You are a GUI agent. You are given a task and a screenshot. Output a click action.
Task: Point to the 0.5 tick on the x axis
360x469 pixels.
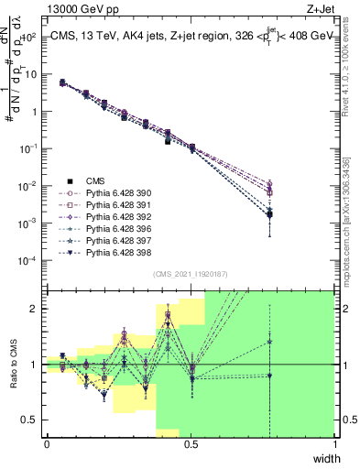point(191,444)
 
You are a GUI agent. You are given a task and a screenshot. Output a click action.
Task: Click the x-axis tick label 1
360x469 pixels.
point(336,444)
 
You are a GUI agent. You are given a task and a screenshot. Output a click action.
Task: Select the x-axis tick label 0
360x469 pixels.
point(47,444)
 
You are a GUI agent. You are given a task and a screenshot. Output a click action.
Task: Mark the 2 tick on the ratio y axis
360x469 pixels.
point(37,309)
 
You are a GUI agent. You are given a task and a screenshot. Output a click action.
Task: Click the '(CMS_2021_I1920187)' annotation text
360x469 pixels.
point(191,273)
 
